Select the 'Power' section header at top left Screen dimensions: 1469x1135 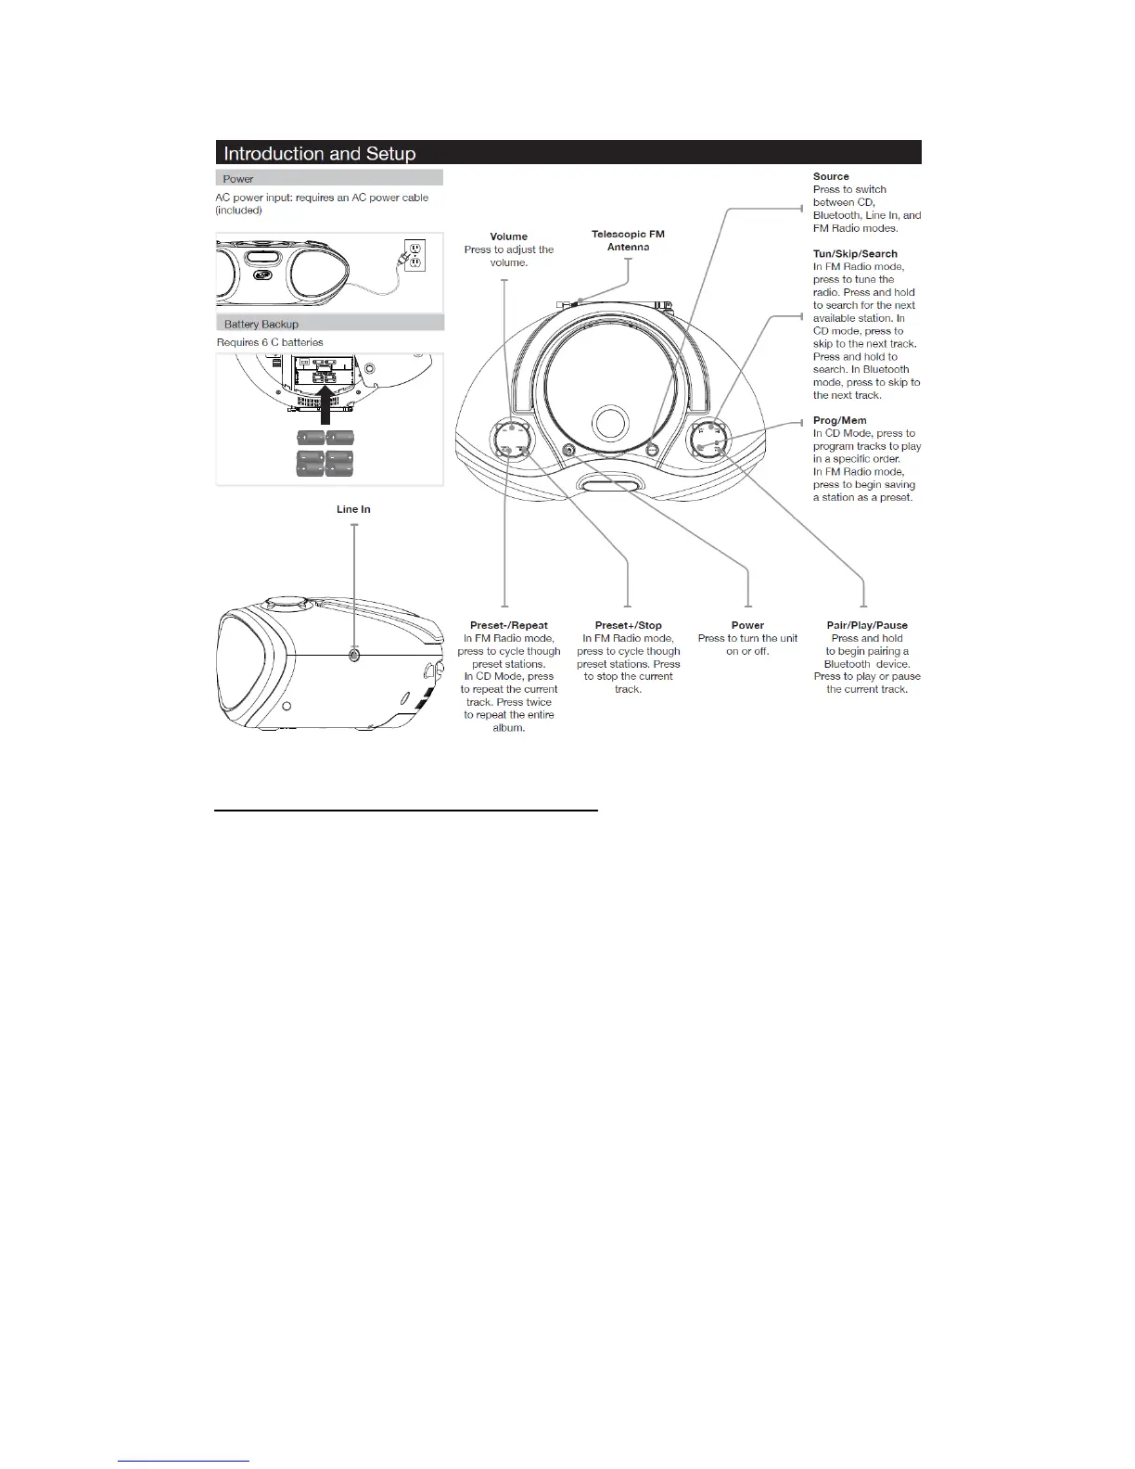(238, 178)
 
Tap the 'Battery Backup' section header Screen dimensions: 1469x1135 (261, 324)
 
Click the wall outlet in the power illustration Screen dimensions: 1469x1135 (414, 255)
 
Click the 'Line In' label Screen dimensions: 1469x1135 (353, 509)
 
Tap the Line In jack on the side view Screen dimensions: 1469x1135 (354, 654)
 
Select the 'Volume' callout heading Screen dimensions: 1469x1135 (508, 236)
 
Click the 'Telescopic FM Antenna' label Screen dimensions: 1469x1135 (628, 241)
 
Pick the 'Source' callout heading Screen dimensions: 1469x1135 (831, 176)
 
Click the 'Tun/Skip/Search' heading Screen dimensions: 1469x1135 (855, 253)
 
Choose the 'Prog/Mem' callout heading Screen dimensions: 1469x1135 (839, 420)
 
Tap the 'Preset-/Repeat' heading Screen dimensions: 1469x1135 (508, 625)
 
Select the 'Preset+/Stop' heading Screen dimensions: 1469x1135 (628, 625)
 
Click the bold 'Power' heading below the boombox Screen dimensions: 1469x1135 (747, 625)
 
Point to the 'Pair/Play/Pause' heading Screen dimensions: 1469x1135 (867, 625)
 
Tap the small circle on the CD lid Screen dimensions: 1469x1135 (609, 422)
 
